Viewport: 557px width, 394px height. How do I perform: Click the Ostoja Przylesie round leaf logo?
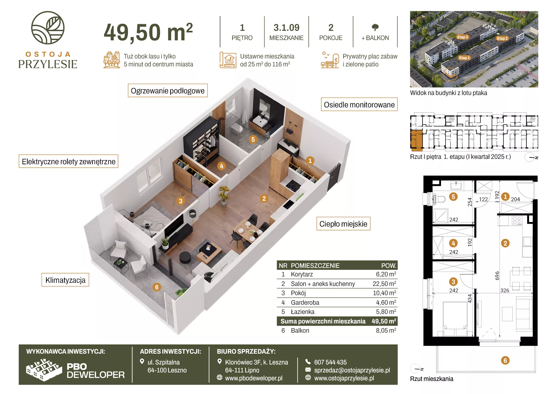click(48, 28)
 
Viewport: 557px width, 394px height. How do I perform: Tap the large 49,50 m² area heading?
click(148, 32)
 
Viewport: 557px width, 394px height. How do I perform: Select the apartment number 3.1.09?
click(286, 28)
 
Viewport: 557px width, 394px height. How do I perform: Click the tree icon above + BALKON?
click(375, 27)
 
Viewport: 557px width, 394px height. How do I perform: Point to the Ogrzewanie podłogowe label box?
click(168, 91)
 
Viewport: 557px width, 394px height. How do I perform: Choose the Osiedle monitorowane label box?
click(359, 105)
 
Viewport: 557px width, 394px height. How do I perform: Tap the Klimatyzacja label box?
click(65, 280)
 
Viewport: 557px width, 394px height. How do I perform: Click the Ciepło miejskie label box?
click(343, 224)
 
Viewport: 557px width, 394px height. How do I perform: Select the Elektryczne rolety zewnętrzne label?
click(69, 161)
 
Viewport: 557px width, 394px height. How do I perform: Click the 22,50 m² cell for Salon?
click(384, 284)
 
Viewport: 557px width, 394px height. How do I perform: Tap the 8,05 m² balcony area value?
click(386, 330)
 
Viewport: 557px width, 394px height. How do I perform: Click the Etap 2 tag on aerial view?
click(502, 38)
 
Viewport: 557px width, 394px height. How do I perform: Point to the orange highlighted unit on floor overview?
click(417, 139)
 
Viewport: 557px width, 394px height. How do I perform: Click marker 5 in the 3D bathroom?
click(253, 139)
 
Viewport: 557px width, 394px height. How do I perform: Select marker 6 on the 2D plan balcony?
click(505, 360)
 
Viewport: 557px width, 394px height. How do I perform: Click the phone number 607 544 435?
click(330, 362)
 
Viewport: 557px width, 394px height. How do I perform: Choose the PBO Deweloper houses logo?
click(44, 370)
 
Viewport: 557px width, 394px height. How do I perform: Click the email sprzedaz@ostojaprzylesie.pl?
click(352, 370)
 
